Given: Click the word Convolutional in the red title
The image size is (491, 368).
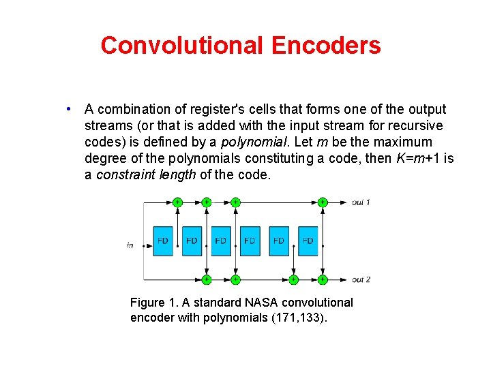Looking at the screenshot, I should (182, 46).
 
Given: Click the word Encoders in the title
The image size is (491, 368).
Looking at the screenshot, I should (325, 46).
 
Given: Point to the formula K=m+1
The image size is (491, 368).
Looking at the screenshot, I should (419, 158).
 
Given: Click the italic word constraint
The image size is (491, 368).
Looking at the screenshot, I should (123, 174).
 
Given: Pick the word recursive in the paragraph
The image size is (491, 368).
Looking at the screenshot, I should (417, 125).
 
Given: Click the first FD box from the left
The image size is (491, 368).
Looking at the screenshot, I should (163, 241).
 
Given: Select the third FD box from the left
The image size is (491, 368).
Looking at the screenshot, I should (221, 241).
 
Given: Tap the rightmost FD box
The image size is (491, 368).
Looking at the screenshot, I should (308, 241).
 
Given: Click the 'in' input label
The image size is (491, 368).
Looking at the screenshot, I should (130, 245).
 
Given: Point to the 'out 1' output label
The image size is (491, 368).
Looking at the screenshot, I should (361, 202).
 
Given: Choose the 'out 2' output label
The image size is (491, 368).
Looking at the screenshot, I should (361, 279).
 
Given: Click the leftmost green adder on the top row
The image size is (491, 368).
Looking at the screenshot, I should (177, 202).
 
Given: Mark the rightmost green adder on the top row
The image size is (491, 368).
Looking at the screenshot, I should (322, 202).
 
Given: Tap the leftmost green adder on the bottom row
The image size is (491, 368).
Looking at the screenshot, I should (206, 279).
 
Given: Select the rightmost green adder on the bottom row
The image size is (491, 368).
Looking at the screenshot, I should (322, 279).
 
